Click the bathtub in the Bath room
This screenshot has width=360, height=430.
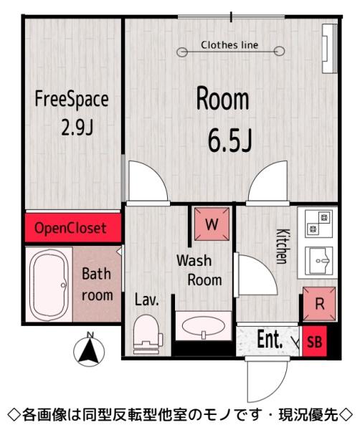click(49, 285)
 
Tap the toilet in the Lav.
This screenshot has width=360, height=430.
click(147, 334)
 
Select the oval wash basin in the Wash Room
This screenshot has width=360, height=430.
click(204, 326)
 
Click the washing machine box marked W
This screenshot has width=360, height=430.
click(212, 224)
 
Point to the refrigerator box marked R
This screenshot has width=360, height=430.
click(319, 304)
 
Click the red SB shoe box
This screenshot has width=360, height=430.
click(314, 341)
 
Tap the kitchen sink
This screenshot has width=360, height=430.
click(319, 261)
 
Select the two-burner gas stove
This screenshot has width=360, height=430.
click(319, 224)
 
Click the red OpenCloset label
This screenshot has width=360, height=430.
click(70, 228)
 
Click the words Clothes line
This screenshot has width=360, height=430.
click(229, 45)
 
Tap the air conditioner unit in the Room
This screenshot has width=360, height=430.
click(329, 49)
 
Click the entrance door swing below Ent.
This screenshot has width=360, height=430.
click(267, 381)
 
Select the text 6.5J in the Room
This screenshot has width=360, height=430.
click(230, 140)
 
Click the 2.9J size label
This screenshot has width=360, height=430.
click(77, 128)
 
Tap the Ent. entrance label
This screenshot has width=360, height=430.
click(270, 340)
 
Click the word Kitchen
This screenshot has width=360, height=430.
click(283, 246)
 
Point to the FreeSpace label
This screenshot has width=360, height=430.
click(72, 100)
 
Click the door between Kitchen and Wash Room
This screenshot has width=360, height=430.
click(256, 275)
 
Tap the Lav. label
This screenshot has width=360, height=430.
click(147, 300)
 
